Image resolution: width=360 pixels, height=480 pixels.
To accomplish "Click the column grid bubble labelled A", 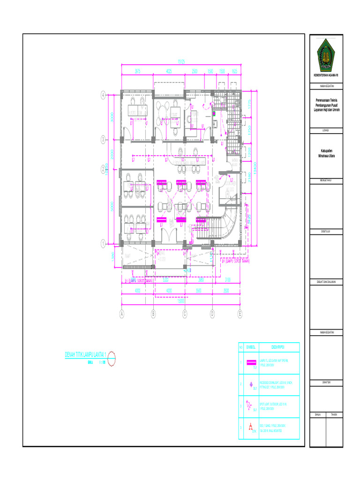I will click(x=122, y=314).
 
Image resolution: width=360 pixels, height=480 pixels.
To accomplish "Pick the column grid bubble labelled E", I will click(x=240, y=314).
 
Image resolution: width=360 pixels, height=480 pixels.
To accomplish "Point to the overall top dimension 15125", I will click(x=180, y=61).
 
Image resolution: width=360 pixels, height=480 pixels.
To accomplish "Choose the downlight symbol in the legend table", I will click(x=251, y=384).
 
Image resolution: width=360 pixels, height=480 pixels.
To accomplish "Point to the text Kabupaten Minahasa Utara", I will click(x=327, y=153).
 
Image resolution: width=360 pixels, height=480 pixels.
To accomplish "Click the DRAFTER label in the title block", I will click(x=327, y=382).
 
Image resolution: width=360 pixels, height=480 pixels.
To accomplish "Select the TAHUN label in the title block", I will click(x=334, y=414).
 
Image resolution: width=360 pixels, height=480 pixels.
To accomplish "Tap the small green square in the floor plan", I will click(x=213, y=113).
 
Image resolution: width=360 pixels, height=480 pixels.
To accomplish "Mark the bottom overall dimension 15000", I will click(x=180, y=302).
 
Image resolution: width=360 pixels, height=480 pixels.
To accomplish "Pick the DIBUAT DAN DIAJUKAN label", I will click(x=327, y=282).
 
